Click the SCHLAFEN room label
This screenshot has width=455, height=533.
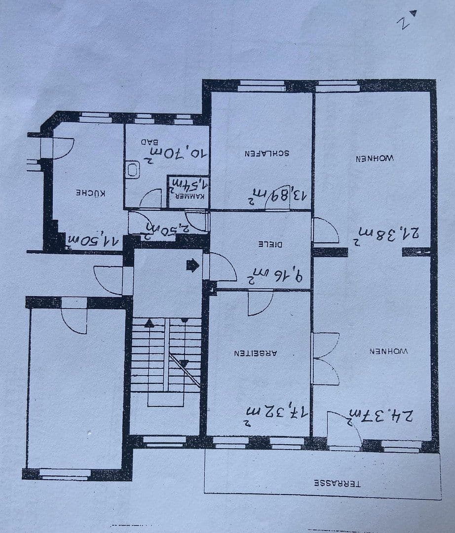pyautogui.click(x=267, y=153)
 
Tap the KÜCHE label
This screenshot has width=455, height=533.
pyautogui.click(x=90, y=192)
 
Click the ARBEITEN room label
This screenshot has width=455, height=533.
pyautogui.click(x=255, y=353)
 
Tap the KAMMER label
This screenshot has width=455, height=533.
pyautogui.click(x=188, y=195)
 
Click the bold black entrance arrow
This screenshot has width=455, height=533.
pyautogui.click(x=192, y=266)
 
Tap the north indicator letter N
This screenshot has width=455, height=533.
pyautogui.click(x=404, y=22)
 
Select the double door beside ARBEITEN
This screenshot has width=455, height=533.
pyautogui.click(x=326, y=358)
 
